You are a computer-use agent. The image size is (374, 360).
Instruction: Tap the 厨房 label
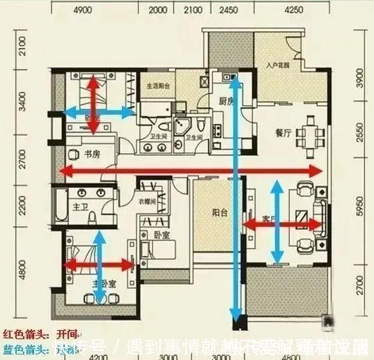(225, 101)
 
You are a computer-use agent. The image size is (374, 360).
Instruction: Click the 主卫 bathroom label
(79, 207)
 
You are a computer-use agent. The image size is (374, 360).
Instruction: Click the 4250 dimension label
(293, 10)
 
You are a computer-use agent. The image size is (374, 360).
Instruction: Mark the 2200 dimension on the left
(22, 206)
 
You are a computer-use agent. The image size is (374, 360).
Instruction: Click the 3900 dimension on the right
(359, 81)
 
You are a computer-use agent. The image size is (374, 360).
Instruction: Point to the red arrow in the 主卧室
(98, 264)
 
